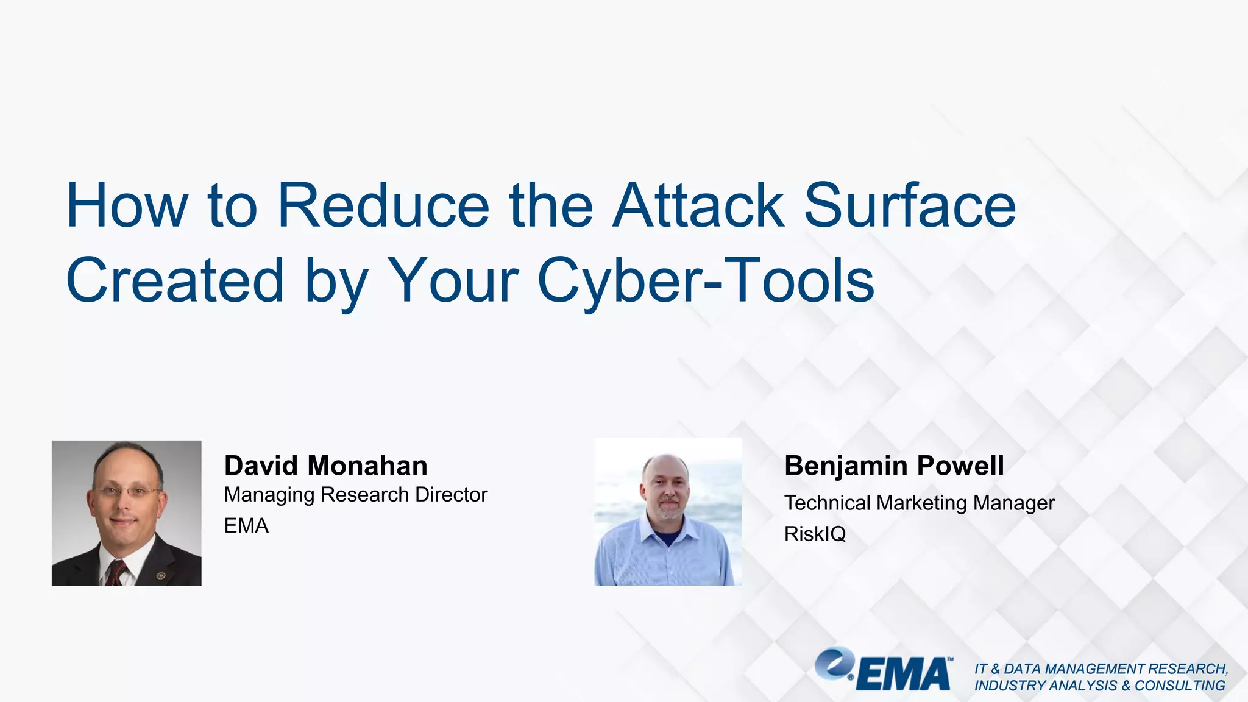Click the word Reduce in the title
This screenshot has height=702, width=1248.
[x=383, y=206]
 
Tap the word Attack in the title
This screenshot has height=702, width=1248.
[x=698, y=206]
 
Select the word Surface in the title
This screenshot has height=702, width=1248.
[x=910, y=206]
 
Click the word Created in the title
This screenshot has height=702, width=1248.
[x=175, y=280]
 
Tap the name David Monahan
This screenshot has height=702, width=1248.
[x=325, y=466]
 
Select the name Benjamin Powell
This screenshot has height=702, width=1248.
[x=894, y=466]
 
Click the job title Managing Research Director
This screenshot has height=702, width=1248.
[x=355, y=495]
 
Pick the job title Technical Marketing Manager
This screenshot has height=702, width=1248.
[x=919, y=503]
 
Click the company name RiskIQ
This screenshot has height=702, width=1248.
[x=815, y=534]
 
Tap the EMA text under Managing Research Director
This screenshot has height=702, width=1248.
[x=246, y=526]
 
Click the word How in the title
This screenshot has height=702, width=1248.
[x=127, y=206]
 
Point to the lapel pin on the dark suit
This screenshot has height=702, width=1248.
[x=161, y=575]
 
